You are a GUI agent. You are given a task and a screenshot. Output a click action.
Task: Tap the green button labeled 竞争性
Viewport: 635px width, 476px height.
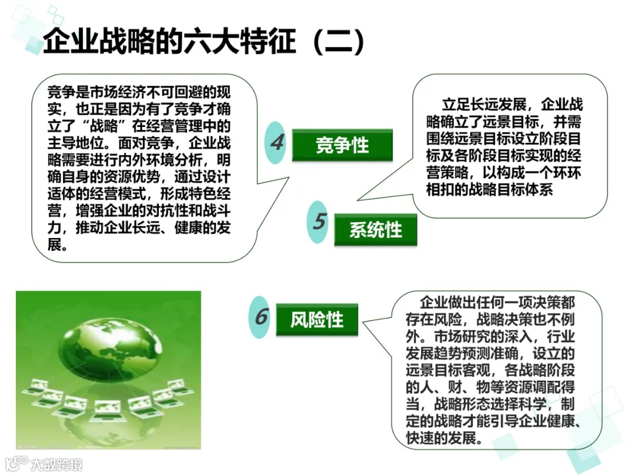coord(342,145)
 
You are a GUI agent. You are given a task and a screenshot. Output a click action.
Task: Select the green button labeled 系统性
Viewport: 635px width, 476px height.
coord(376,230)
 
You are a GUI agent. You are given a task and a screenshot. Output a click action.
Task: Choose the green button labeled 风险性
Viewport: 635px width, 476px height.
coord(317,320)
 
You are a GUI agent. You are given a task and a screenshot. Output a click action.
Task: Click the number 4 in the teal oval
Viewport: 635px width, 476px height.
coord(277,142)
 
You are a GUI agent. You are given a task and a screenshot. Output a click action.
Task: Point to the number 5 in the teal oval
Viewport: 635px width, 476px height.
coord(319,222)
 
